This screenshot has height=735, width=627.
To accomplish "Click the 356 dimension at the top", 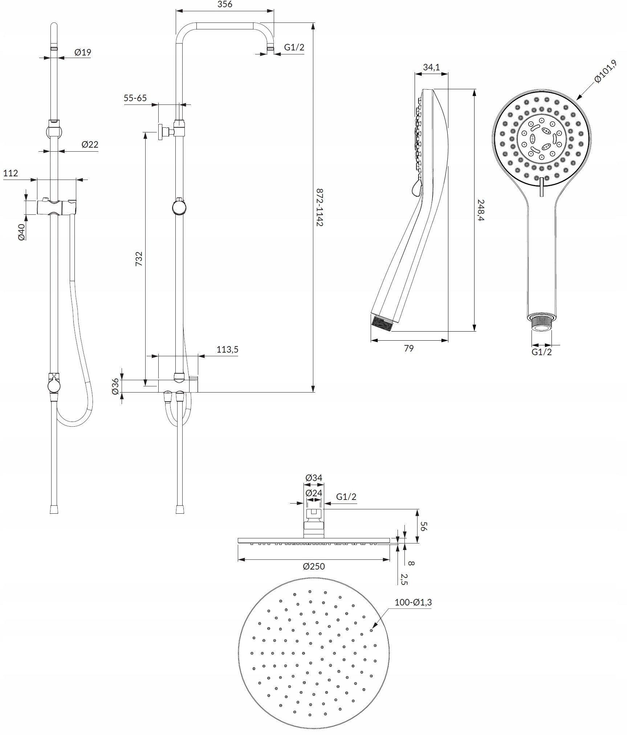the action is coord(225,4).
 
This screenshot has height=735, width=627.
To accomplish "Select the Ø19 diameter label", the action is coord(83,52).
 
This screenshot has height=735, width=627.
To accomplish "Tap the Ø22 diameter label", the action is coord(90,144).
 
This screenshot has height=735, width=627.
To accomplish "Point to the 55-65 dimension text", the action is coord(135,98).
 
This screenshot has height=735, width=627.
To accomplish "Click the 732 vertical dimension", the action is coord(139,259).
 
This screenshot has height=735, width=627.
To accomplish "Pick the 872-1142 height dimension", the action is coord(319,207).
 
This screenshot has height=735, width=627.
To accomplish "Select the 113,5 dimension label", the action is coord(227,350).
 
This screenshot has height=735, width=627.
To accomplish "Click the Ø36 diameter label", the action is coord(115,386).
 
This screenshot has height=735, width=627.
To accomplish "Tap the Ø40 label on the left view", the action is coord(21,232).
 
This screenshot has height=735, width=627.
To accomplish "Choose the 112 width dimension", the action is coord(11,173).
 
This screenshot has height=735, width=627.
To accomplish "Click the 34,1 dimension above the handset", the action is coord(431,67).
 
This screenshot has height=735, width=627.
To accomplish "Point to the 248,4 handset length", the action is coord(481,210).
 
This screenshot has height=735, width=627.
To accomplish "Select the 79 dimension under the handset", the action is coord(409,348).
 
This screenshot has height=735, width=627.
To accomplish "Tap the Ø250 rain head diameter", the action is coord(314,566).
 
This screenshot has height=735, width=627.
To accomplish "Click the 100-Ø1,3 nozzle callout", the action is coord(413,603).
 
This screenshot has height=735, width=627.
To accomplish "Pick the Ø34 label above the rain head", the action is coord(314,478).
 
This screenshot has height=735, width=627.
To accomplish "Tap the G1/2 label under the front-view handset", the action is coord(542,352).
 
